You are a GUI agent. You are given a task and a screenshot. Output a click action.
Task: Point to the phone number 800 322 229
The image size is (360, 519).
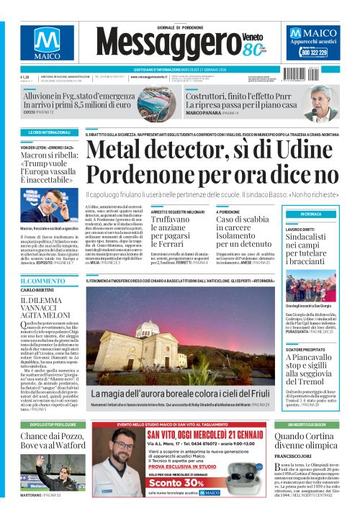tap(314, 53)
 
